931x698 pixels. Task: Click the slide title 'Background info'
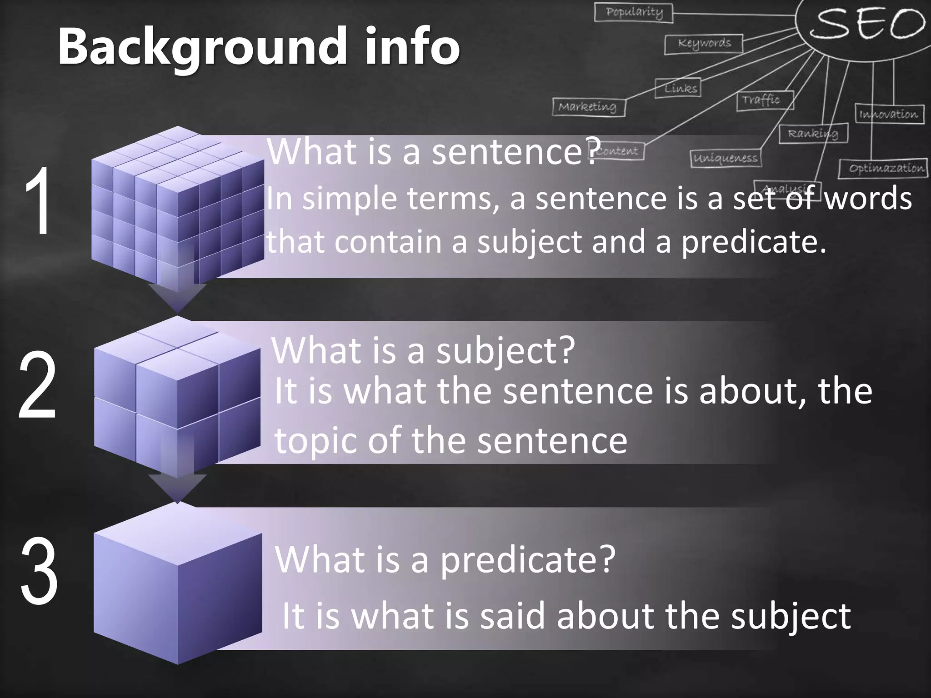[x=258, y=46]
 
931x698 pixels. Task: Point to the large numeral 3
[x=39, y=571]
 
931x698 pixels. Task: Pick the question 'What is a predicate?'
[x=445, y=559]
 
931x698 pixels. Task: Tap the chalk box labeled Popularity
[x=634, y=12]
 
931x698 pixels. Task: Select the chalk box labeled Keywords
[x=704, y=44]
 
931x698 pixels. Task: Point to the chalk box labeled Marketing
[x=589, y=107]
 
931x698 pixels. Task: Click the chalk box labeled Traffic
[x=765, y=100]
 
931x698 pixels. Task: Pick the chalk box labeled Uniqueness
[x=725, y=158]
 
